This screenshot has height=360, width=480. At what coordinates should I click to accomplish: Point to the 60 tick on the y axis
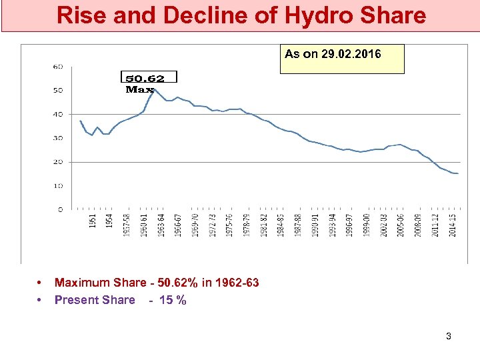[58, 67]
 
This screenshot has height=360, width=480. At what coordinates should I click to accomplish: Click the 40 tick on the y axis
[58, 114]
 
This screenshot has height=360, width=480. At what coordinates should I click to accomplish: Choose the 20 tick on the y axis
[58, 162]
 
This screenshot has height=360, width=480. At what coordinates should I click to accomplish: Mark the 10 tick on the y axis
[58, 186]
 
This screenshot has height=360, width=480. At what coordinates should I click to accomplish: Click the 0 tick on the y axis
[60, 209]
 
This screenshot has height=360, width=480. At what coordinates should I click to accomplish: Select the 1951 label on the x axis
[93, 221]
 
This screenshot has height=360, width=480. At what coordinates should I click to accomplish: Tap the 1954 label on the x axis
[109, 221]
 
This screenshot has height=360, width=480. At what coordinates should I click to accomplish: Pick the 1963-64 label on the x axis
[161, 225]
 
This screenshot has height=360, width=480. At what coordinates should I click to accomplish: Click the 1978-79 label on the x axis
[247, 225]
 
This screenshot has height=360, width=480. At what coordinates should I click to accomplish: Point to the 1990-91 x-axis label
[316, 225]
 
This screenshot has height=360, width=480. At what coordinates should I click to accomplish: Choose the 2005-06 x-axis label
[401, 225]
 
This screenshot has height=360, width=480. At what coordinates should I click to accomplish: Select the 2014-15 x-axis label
[453, 225]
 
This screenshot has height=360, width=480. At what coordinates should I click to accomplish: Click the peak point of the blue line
[155, 90]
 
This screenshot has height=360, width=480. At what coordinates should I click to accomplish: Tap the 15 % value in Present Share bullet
[173, 300]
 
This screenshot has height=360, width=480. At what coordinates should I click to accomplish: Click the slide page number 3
[449, 336]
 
